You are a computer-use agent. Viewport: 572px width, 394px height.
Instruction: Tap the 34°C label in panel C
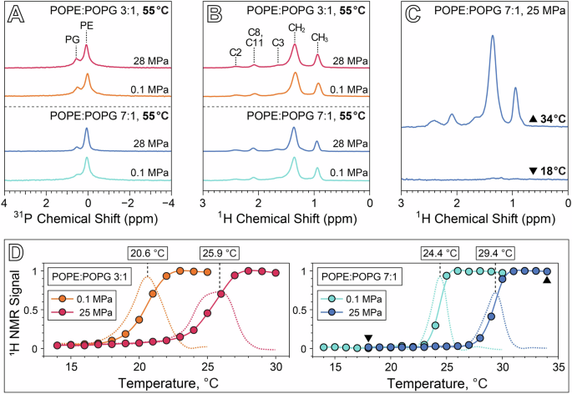click(542, 121)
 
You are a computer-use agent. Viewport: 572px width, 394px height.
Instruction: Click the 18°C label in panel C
click(542, 172)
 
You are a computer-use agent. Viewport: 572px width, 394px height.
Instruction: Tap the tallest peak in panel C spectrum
click(492, 38)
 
